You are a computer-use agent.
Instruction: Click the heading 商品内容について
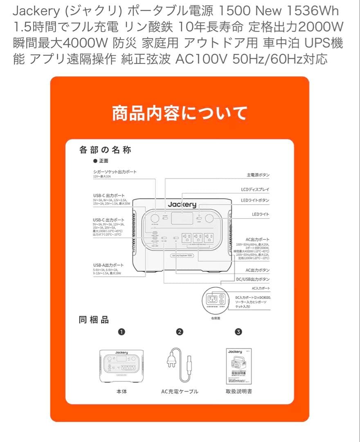tap(180, 113)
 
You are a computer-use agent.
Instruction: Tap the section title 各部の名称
tap(105, 150)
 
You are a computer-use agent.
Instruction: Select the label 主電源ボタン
tap(258, 175)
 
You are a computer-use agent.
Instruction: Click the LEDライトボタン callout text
tap(255, 200)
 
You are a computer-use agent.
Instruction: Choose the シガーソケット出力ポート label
tap(115, 172)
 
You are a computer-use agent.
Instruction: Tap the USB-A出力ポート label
tap(108, 265)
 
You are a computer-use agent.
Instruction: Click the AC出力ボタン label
tap(257, 270)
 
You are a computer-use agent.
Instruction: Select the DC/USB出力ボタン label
tap(254, 279)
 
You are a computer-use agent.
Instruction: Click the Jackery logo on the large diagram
tap(182, 205)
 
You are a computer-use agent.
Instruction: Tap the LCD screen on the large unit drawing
tap(182, 218)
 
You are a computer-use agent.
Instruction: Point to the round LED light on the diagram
tap(210, 218)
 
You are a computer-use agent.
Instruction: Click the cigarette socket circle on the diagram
tap(155, 218)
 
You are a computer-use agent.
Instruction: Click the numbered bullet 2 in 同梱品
tap(179, 332)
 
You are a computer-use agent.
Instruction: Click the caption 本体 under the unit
tap(122, 391)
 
